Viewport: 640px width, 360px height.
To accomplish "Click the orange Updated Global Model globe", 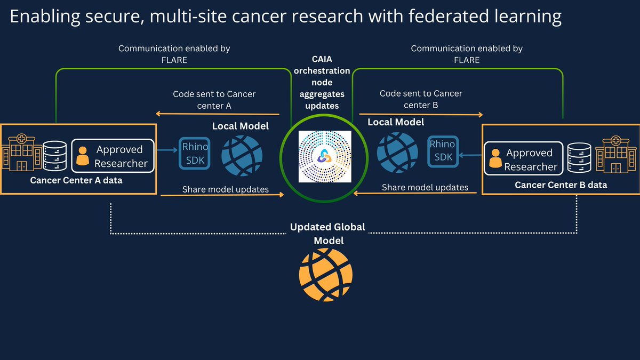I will click(325, 275).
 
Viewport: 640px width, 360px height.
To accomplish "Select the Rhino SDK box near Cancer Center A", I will click(195, 153).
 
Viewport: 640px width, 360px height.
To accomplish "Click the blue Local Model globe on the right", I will click(397, 151).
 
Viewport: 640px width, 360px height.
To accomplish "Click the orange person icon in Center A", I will click(83, 156).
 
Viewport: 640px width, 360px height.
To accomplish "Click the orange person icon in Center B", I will click(495, 159).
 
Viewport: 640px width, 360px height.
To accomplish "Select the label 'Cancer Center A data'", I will click(76, 180).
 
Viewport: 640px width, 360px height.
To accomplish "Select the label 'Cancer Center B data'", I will click(561, 186).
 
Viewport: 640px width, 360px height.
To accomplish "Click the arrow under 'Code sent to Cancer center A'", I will click(217, 114).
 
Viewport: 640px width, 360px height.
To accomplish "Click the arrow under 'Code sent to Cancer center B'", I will click(421, 114).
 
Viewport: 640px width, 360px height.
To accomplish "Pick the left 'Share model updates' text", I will click(226, 189).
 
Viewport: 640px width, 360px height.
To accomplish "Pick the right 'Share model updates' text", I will click(425, 187).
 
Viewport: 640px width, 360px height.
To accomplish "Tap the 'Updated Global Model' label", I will click(327, 234).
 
